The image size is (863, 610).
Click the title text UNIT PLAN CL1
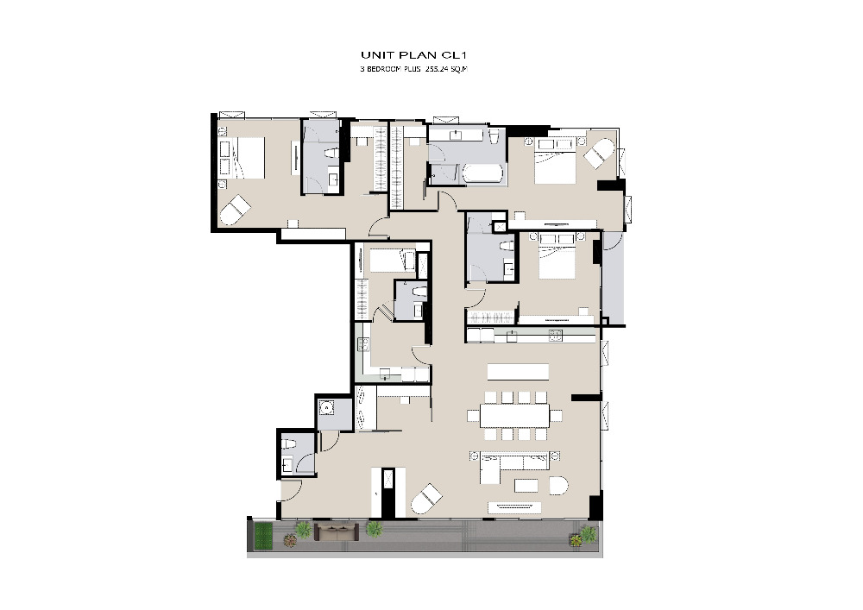coord(414,54)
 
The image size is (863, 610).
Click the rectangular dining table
coord(514,415)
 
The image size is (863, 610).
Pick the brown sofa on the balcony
coord(336,531)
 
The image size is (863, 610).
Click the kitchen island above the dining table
coord(518,371)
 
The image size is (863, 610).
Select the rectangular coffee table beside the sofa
coord(526,485)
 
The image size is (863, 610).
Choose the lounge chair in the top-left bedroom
coord(235,211)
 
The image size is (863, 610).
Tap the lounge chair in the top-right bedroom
coord(598,153)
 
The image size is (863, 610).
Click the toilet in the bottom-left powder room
coord(286,443)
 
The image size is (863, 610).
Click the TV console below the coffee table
coord(516,507)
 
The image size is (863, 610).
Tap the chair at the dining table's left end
coord(473,415)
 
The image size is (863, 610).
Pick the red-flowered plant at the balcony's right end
coord(576,539)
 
